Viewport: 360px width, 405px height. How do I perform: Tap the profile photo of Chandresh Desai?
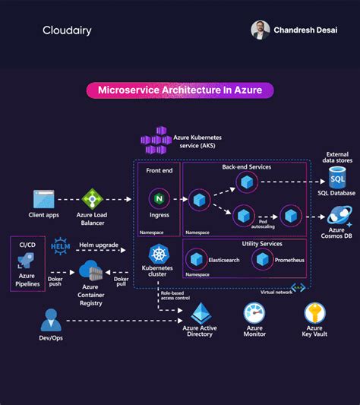[x=261, y=30]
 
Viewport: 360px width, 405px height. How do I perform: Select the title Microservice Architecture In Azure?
[x=180, y=90]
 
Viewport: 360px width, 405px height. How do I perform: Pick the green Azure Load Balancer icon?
[x=93, y=198]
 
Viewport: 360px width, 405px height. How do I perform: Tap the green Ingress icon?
[x=159, y=199]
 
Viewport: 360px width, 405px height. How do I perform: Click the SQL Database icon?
[x=337, y=177]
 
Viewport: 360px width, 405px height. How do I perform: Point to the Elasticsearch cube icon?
[x=196, y=259]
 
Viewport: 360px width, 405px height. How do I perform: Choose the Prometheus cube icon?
[x=262, y=259]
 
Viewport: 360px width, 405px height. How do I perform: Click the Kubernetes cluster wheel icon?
[x=159, y=255]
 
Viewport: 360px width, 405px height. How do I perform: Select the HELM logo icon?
[x=60, y=247]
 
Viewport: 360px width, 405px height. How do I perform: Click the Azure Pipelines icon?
[x=25, y=263]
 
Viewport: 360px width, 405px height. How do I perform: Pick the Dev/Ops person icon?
[x=51, y=318]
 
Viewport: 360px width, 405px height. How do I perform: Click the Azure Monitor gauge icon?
[x=254, y=312]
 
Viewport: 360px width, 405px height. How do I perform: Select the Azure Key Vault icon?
[x=314, y=312]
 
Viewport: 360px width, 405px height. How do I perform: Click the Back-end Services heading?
[x=246, y=166]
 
